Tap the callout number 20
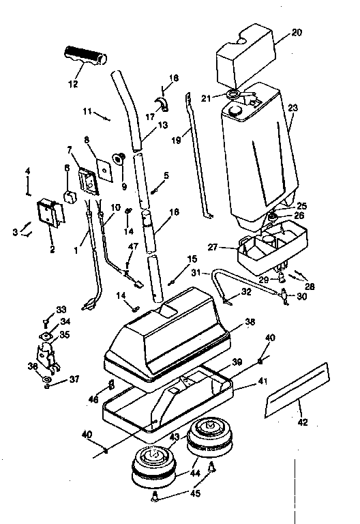296,33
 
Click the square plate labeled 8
104,167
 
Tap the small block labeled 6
69,196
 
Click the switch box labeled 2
50,213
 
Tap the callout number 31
196,273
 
